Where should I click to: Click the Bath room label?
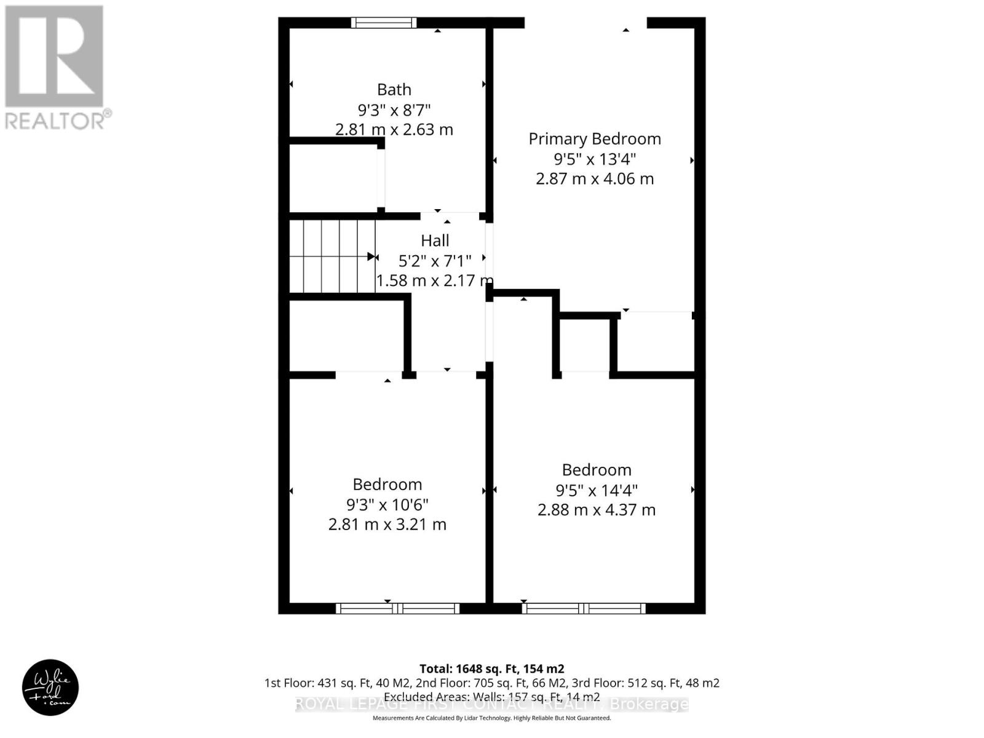pyautogui.click(x=394, y=90)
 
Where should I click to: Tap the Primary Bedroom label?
pyautogui.click(x=595, y=139)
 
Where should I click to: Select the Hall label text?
pyautogui.click(x=435, y=240)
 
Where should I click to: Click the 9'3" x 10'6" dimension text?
pyautogui.click(x=387, y=505)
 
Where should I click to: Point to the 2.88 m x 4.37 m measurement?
pyautogui.click(x=597, y=510)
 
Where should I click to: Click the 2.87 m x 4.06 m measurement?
pyautogui.click(x=595, y=179)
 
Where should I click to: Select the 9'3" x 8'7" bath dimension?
pyautogui.click(x=394, y=110)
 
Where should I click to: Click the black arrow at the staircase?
pyautogui.click(x=371, y=256)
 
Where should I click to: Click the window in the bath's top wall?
pyautogui.click(x=384, y=23)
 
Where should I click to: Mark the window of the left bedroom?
pyautogui.click(x=397, y=609)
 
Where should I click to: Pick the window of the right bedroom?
pyautogui.click(x=584, y=609)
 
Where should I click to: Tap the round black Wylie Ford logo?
pyautogui.click(x=50, y=688)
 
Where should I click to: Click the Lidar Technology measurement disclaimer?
pyautogui.click(x=491, y=718)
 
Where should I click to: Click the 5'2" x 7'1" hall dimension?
pyautogui.click(x=435, y=261)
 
